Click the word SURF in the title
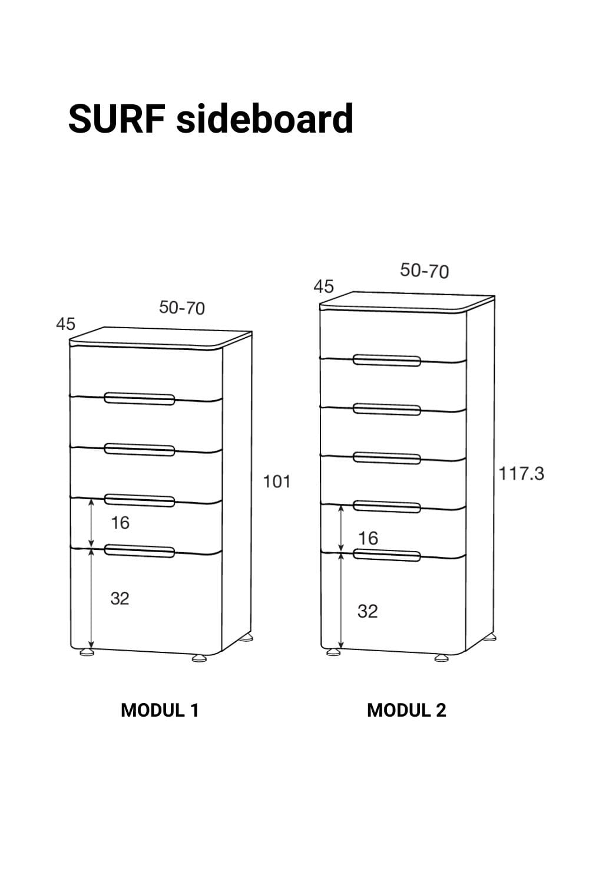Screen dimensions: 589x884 [x=117, y=119]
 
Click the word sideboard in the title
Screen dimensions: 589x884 [x=264, y=118]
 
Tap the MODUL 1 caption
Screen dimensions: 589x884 [x=160, y=710]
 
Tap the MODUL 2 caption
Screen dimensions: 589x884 [x=406, y=710]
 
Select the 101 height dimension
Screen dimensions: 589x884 [x=277, y=481]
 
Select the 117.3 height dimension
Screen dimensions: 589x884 [x=521, y=474]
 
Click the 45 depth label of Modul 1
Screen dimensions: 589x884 [x=65, y=324]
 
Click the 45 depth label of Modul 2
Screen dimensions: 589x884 [x=323, y=286]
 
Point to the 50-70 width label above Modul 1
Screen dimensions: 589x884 [x=182, y=308]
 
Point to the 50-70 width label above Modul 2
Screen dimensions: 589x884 [x=425, y=271]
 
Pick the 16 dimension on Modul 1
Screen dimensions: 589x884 [x=120, y=523]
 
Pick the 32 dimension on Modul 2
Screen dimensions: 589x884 [x=368, y=611]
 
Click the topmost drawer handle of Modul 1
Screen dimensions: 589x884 [x=139, y=398]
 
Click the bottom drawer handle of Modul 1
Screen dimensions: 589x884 [x=139, y=550]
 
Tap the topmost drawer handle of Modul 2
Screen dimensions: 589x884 [x=386, y=360]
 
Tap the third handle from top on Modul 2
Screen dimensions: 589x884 [x=386, y=458]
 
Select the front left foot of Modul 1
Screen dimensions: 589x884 [x=87, y=653]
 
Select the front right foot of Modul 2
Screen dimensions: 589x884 [x=441, y=658]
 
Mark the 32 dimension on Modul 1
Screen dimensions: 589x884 [x=120, y=599]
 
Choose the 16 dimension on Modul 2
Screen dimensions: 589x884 [x=368, y=538]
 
